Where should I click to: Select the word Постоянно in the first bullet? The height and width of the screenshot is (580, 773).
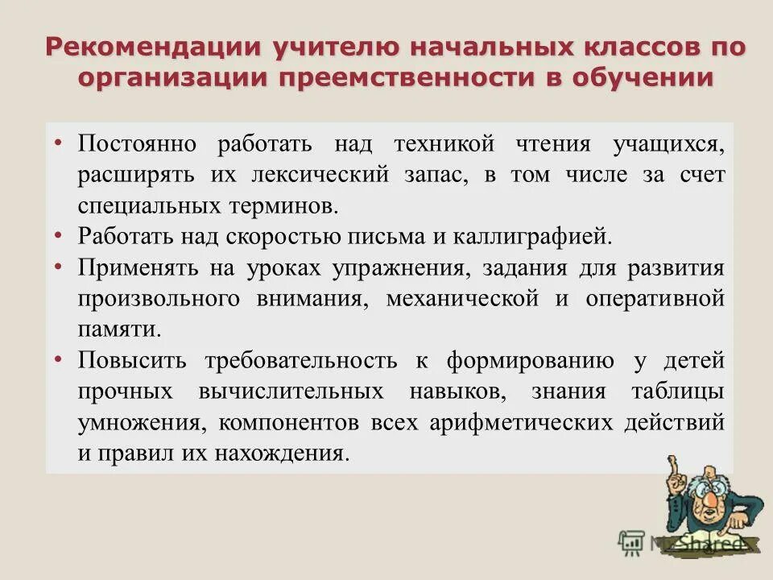[x=137, y=145]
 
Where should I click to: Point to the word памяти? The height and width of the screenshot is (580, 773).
[x=115, y=329]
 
